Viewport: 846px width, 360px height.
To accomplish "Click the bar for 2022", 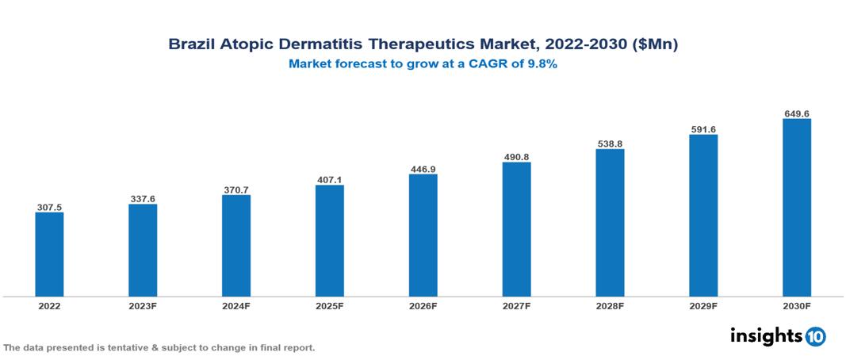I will coord(49,254).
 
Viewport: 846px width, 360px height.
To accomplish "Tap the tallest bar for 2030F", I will coord(796,208).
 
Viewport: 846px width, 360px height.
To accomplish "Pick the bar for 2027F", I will coord(516,229).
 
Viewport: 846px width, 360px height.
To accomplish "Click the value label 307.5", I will coord(49,207).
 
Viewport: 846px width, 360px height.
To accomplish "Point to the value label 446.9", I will coord(423,169).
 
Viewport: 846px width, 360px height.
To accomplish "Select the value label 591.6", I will coord(703,129).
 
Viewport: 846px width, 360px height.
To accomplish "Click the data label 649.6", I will coord(796,113).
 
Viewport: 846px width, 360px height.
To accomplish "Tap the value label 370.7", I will coord(235,190).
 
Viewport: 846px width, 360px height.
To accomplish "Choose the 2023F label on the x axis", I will coord(143,305).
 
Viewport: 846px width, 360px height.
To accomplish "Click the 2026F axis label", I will coord(423,305).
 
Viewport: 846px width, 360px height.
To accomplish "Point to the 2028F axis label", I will coord(610,305).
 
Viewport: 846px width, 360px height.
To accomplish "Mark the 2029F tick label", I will coord(703,305).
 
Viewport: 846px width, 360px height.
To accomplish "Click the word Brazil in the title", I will coord(189,45).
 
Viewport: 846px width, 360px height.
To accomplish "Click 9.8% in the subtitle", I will coord(540,65).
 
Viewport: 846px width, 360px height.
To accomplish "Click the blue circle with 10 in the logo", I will coord(815,337).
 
